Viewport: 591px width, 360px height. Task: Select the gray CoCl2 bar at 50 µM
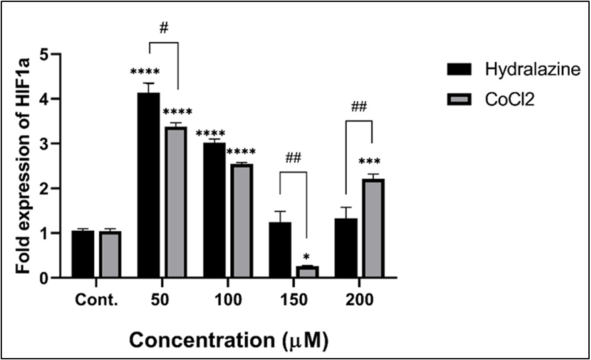coord(176,202)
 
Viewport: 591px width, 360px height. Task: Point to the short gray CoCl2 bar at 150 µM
coord(307,272)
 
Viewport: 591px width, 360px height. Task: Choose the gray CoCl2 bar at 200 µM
coord(373,228)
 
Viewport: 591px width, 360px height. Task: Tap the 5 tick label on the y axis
coord(43,54)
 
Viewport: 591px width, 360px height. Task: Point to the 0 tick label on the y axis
coord(43,278)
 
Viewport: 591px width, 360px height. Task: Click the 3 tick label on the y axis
coord(43,144)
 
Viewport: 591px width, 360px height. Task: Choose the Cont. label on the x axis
coord(97,299)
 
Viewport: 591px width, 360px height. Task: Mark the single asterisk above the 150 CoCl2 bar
coord(307,257)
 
